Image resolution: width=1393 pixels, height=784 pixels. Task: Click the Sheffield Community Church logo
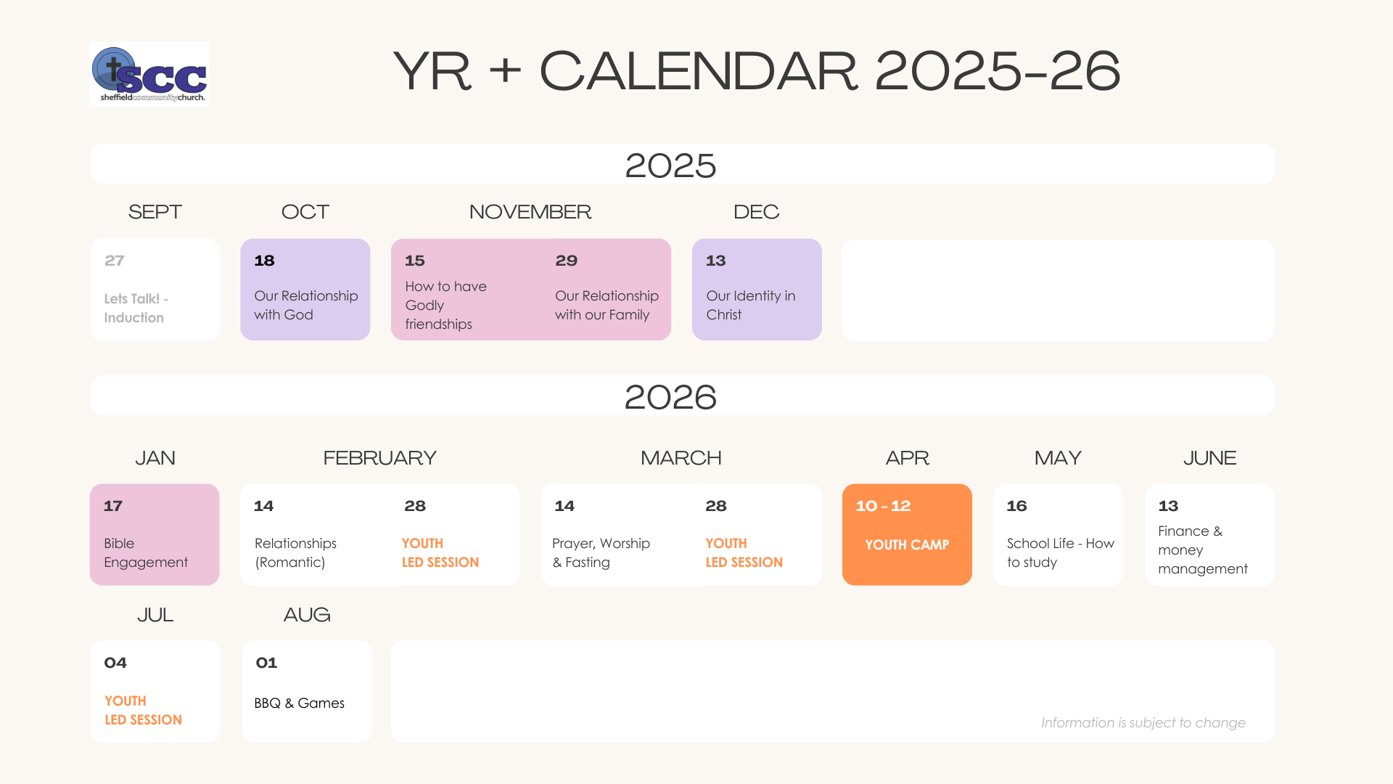click(x=149, y=74)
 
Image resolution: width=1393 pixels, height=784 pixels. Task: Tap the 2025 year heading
click(x=670, y=166)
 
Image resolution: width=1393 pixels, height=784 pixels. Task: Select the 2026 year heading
click(x=670, y=397)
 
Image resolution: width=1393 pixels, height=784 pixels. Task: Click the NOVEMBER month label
click(x=530, y=212)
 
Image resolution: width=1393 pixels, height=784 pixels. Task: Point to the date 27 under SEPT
click(x=114, y=261)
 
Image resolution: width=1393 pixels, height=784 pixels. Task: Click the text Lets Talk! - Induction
click(x=136, y=308)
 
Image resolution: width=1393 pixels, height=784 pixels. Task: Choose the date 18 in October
click(x=264, y=261)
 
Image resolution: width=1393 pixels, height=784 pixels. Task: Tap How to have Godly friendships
click(x=445, y=305)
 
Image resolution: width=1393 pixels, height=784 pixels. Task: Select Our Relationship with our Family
click(x=607, y=305)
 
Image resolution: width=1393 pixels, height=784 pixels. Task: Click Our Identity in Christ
click(x=751, y=305)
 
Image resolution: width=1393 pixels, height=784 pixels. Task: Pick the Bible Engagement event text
click(x=146, y=552)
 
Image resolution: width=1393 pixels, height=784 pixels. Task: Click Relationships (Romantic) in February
click(x=295, y=552)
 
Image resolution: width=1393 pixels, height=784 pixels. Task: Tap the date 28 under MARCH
click(x=716, y=506)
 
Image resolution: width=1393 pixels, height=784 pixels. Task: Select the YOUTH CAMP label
click(x=907, y=544)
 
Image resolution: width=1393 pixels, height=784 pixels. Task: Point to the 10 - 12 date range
click(x=883, y=506)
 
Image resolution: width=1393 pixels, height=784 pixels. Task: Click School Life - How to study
click(x=1060, y=552)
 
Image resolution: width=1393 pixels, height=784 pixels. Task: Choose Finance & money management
click(x=1203, y=550)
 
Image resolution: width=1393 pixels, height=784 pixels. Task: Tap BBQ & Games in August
click(x=299, y=703)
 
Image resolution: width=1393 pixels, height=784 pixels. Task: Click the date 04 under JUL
click(x=115, y=663)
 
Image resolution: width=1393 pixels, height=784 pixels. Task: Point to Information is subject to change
click(x=1143, y=722)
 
